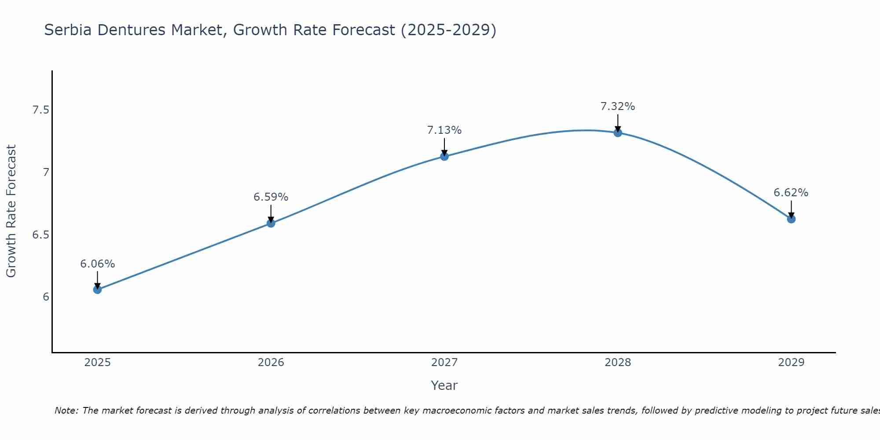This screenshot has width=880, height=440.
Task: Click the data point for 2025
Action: (97, 290)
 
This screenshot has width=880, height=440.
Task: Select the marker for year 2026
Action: (271, 223)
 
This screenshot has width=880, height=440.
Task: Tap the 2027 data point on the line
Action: (444, 156)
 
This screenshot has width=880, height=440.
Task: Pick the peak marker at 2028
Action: (618, 132)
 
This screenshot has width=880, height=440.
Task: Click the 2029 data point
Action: (791, 219)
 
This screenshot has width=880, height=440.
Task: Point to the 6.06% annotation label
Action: (97, 264)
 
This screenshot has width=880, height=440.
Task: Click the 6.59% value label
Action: (271, 197)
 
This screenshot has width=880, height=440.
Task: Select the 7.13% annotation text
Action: (444, 130)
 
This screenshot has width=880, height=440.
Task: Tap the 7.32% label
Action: (618, 106)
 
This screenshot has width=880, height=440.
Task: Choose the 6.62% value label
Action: (791, 193)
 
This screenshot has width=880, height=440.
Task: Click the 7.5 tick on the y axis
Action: (40, 110)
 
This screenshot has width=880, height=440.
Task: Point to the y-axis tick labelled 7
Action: (46, 172)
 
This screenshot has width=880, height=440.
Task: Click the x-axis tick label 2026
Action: (271, 363)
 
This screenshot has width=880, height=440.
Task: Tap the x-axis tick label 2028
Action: (618, 363)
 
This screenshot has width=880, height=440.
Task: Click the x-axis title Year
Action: (444, 385)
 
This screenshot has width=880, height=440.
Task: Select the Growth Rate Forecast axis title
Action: (11, 211)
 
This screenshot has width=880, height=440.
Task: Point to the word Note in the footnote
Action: (66, 411)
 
